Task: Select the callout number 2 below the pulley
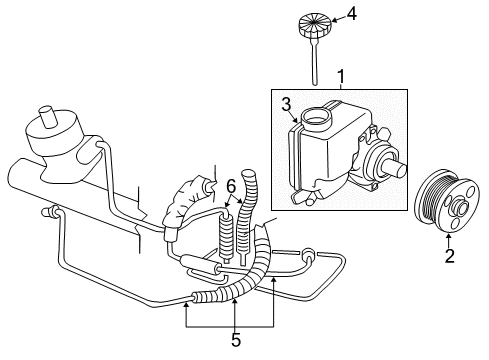tap(449, 257)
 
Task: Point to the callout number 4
tap(350, 13)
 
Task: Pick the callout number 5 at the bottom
tap(236, 339)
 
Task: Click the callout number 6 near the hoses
tap(230, 185)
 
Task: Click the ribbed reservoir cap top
tap(314, 21)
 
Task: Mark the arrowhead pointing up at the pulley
tap(449, 234)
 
